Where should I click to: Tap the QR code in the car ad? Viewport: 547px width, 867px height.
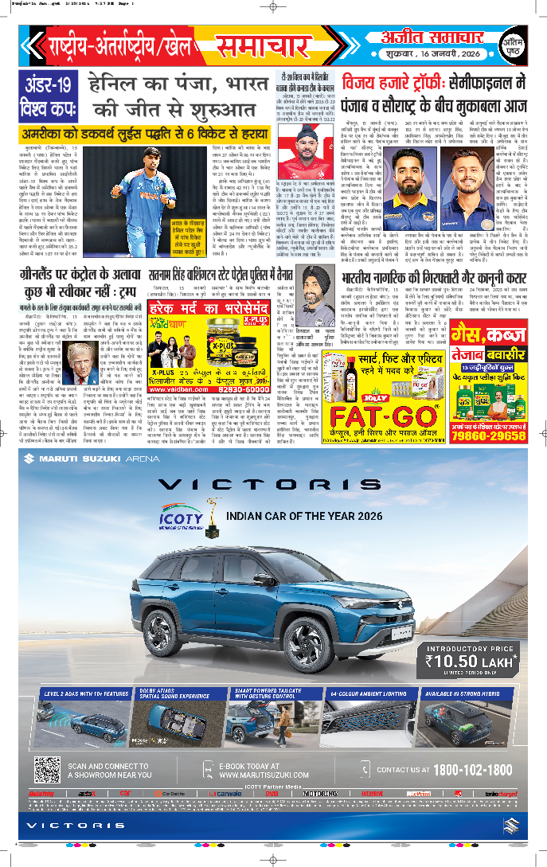[x=47, y=770]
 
